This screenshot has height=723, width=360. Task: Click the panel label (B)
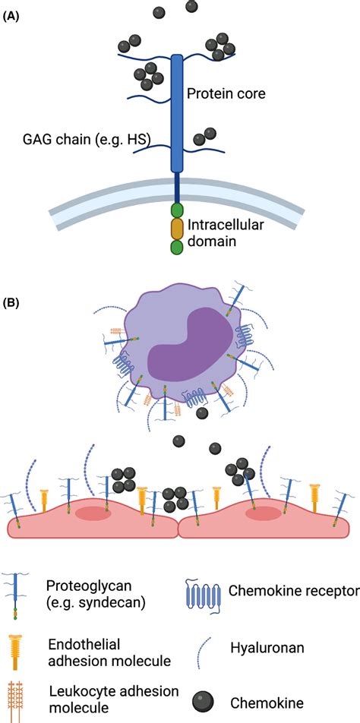(14, 302)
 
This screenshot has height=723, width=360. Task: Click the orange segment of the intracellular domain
(178, 229)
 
